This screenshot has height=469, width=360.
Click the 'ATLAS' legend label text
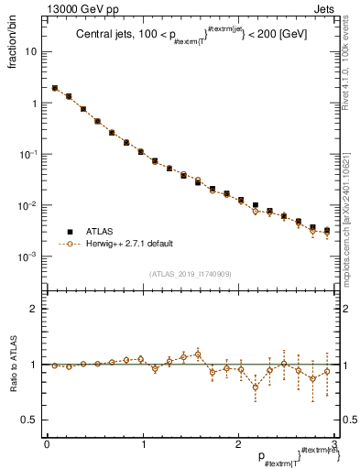[x=102, y=230]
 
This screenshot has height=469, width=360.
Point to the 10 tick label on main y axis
[x=29, y=51]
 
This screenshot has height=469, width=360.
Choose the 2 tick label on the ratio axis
[x=33, y=309]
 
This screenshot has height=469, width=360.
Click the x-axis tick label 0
[x=47, y=444]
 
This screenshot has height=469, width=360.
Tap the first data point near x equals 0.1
[x=55, y=88]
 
